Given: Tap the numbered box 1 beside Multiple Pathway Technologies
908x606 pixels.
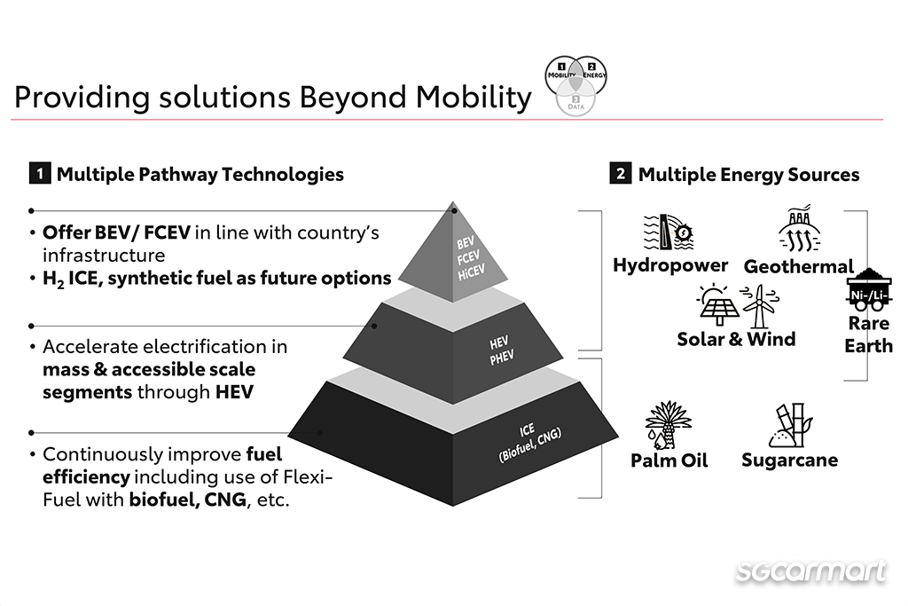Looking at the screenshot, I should tap(39, 174).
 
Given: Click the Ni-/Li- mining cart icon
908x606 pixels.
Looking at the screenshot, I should tap(868, 290).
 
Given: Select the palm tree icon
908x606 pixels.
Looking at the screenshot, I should tap(667, 425).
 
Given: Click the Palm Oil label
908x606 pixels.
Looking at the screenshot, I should tap(669, 460).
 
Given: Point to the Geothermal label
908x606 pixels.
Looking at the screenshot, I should tap(799, 266).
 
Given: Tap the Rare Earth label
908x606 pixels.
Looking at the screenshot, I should tap(868, 334).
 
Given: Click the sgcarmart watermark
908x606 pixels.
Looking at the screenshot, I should tap(810, 571).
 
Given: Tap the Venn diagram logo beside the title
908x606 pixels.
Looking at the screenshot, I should tap(576, 85).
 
